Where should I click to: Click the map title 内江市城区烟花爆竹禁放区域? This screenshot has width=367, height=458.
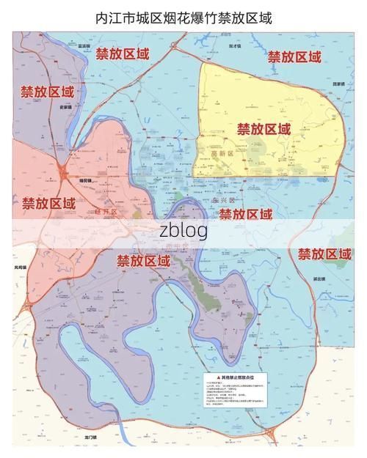(183, 18)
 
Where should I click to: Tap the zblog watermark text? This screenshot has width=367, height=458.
(183, 231)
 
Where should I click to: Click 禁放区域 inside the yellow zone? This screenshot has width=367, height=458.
(264, 129)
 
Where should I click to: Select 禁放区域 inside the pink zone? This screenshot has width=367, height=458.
(48, 203)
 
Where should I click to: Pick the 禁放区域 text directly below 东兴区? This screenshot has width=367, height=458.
(246, 214)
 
